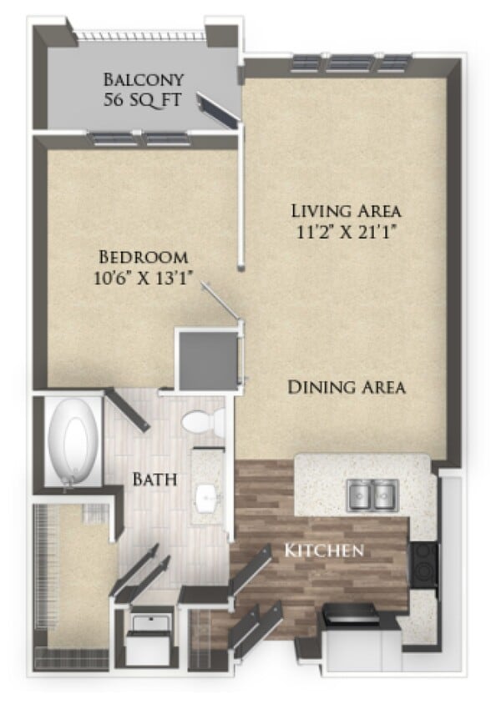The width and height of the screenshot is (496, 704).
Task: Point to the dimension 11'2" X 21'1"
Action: (346, 232)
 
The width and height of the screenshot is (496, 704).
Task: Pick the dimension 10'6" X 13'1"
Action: (143, 279)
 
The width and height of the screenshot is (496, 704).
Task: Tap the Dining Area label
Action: (347, 387)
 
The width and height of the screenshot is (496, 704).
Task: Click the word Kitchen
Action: (323, 550)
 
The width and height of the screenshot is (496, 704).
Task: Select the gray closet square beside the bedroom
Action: (206, 360)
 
